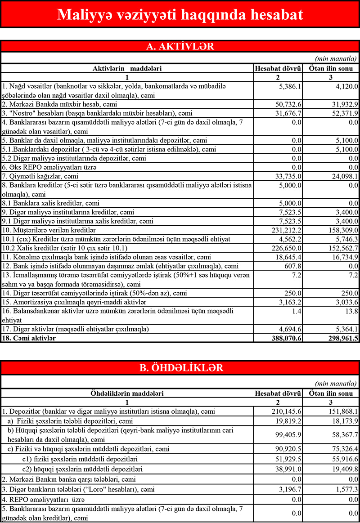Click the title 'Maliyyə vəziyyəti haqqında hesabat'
click(180, 14)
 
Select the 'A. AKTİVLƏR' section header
click(180, 47)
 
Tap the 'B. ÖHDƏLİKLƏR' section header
click(180, 368)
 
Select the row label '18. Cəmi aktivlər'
click(29, 338)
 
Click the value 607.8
click(292, 266)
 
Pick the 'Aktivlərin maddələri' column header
click(127, 68)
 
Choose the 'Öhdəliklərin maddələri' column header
click(127, 393)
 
